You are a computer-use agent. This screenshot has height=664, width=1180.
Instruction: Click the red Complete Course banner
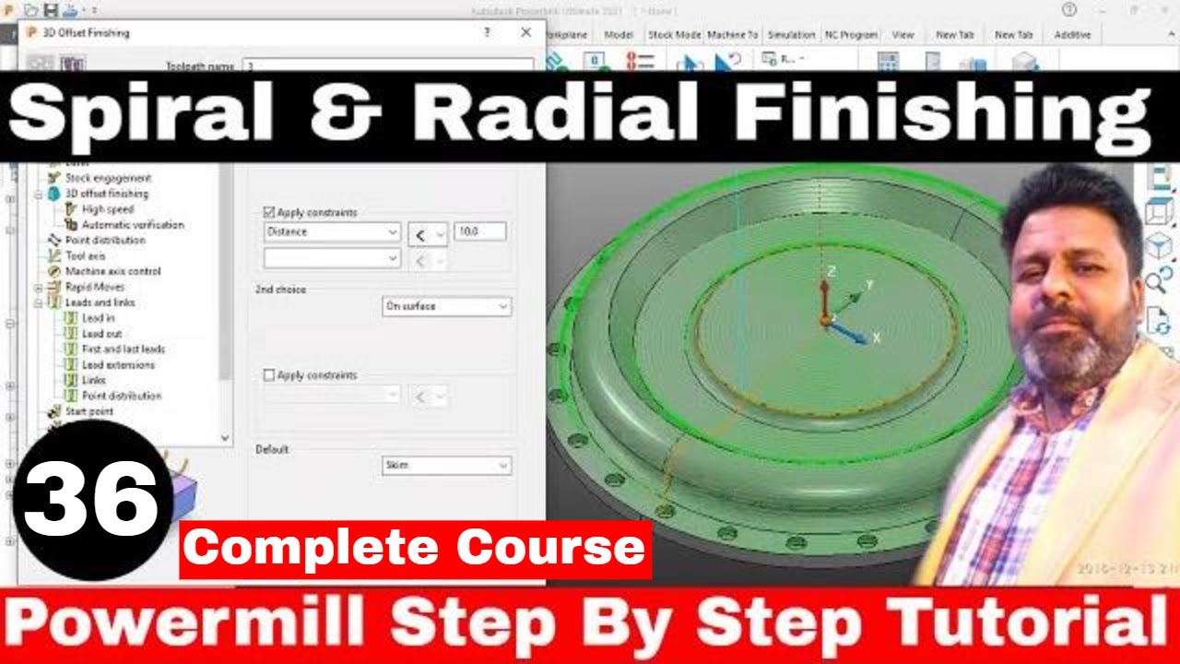coord(416,549)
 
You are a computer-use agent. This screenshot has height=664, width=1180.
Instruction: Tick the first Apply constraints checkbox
coord(269,212)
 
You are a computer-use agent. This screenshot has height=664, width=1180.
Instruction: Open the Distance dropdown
coord(332,232)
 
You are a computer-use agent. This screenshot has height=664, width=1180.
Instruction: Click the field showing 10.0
coord(479,231)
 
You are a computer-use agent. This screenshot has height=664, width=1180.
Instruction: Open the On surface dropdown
coord(447,306)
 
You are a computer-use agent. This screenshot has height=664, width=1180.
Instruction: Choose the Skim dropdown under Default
coord(447,466)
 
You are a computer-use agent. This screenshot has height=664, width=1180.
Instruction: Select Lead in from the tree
coord(98,318)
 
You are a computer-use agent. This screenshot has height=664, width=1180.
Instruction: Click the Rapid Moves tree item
coord(94,287)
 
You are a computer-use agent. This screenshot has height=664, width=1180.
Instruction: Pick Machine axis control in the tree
coord(112,271)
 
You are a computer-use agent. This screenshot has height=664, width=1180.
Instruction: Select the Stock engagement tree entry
coord(108,178)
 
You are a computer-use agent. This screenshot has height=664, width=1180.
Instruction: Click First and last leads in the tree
coord(124,350)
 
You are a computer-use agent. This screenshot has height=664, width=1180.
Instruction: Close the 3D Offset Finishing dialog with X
coord(525,32)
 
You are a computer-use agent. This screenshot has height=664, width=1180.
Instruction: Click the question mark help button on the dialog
coord(487,32)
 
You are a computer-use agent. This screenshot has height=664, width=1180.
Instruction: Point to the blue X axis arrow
coord(852,334)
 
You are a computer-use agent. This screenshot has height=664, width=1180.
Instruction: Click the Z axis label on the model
coord(831,271)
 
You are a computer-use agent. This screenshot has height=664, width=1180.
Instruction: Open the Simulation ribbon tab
coord(791,35)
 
